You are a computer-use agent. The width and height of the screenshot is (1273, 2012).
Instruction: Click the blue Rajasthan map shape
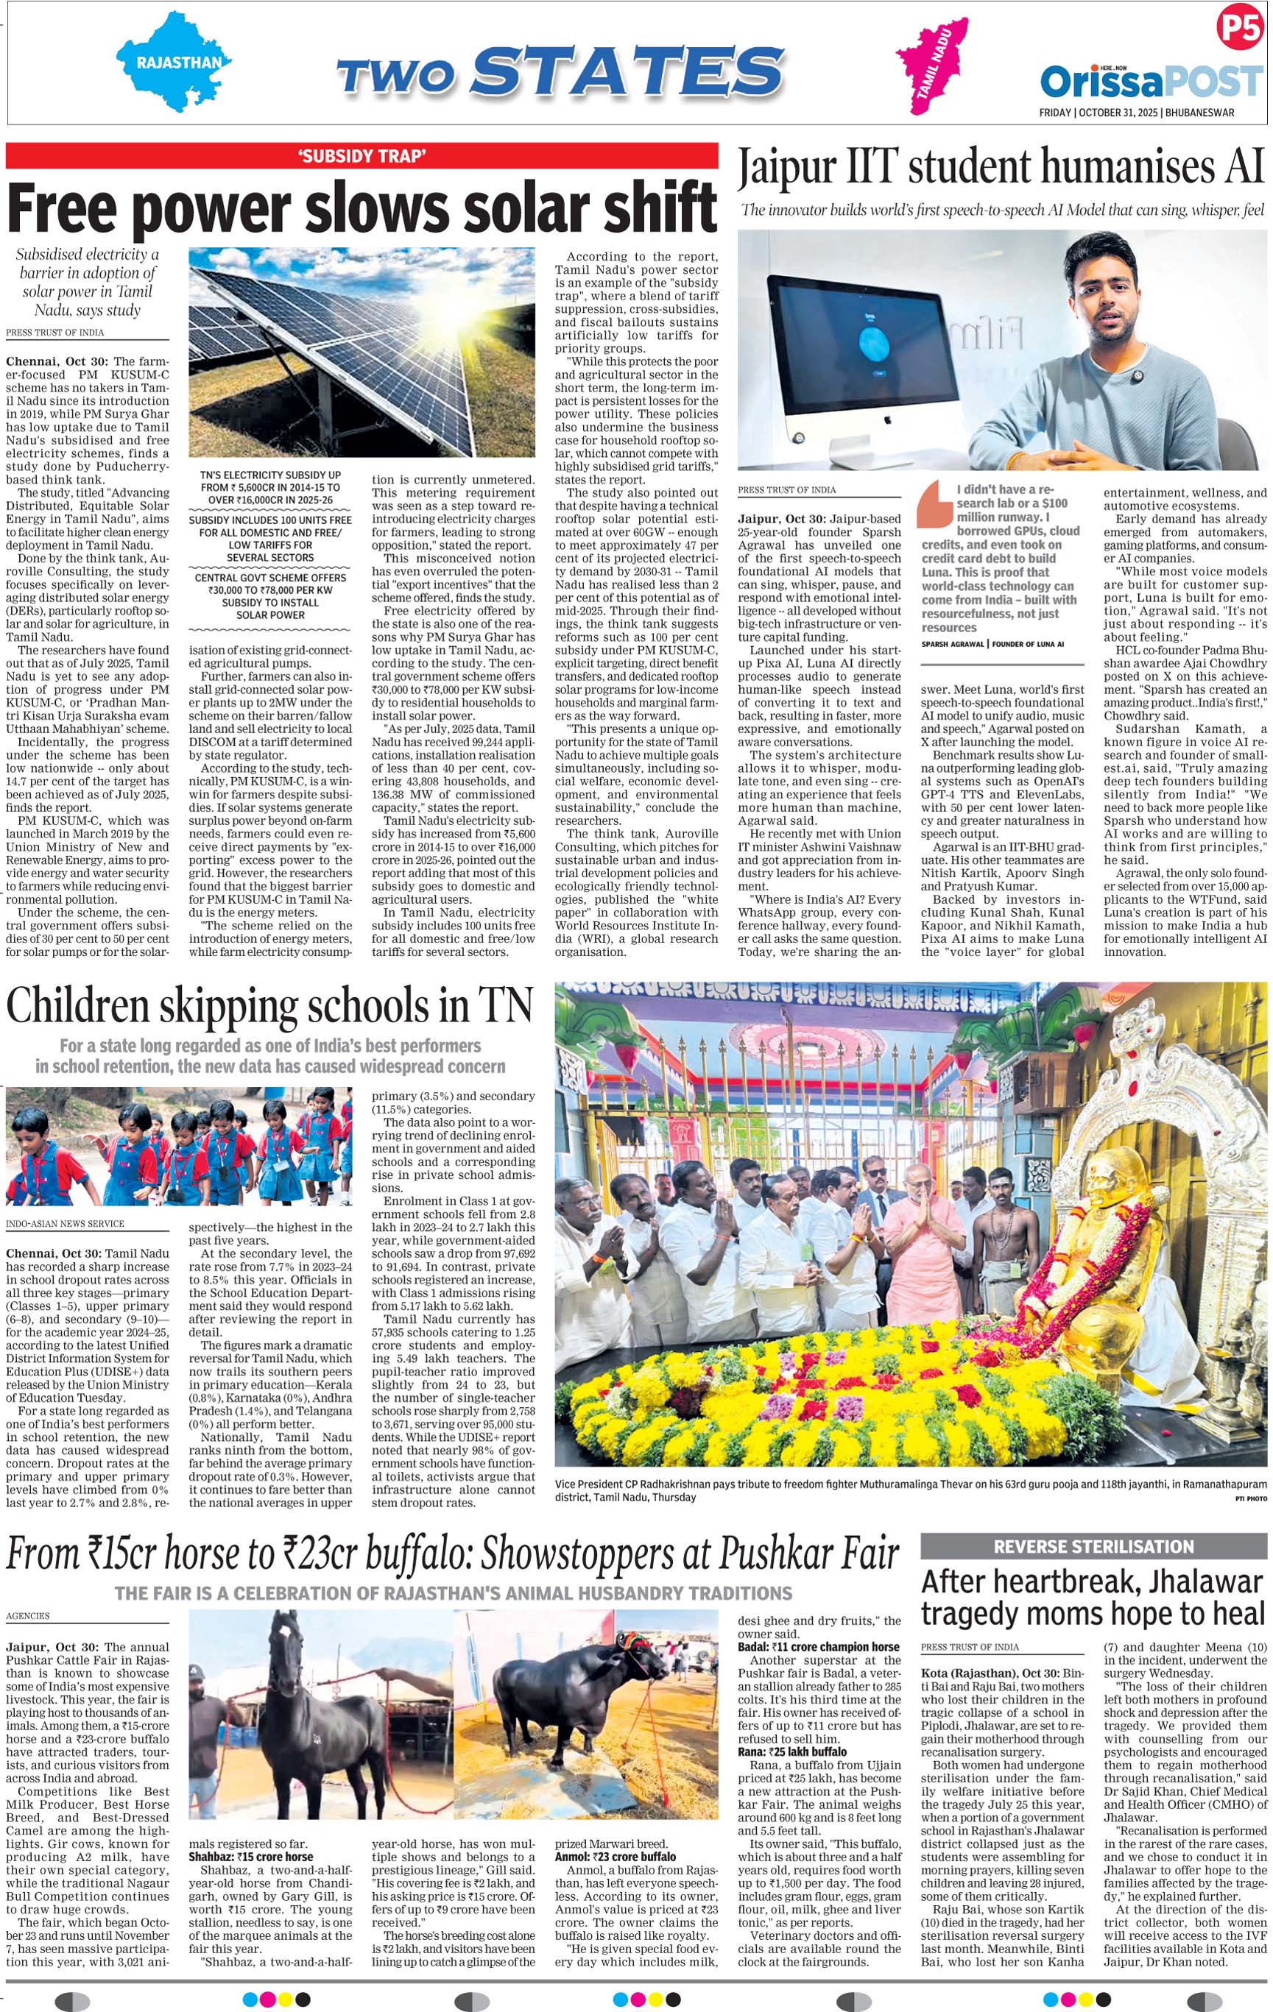[x=173, y=61]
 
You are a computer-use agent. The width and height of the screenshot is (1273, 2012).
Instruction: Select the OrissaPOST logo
[x=1151, y=82]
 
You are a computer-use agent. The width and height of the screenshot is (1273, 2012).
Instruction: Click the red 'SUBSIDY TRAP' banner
[x=362, y=155]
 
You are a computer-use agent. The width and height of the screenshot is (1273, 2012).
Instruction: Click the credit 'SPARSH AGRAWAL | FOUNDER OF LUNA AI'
[x=991, y=643]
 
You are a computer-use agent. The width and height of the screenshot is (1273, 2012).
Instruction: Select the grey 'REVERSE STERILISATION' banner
[x=1093, y=1547]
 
